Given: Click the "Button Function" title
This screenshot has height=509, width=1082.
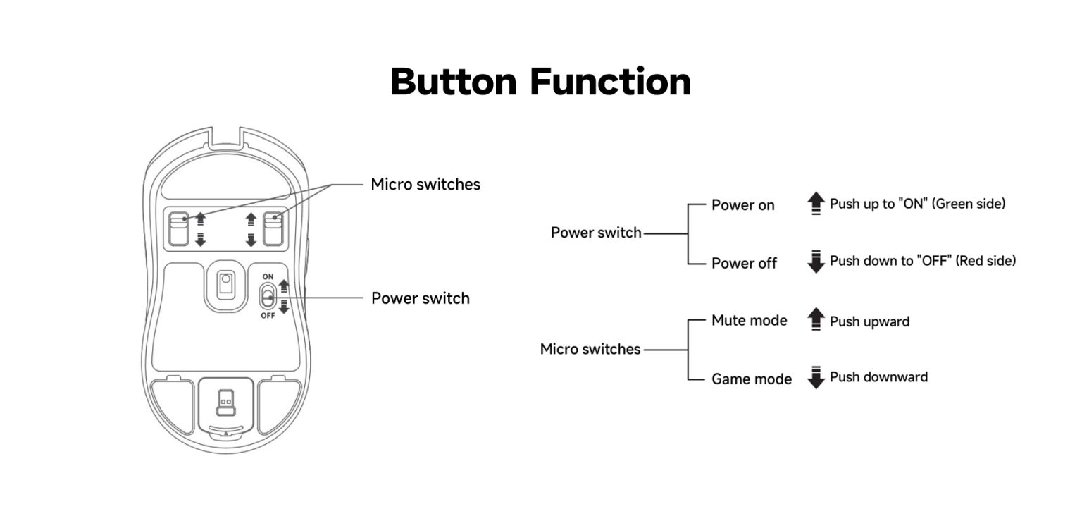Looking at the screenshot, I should pos(540,82).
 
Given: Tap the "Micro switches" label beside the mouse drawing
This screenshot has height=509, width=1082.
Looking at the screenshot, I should pos(425,185).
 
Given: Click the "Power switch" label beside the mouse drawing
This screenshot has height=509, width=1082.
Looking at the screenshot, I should pos(420,298).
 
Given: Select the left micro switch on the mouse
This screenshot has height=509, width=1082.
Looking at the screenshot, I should pos(179,230).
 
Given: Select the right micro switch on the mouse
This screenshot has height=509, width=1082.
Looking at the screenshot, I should pos(272,230).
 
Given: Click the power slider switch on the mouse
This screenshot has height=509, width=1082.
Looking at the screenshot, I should pos(268,296).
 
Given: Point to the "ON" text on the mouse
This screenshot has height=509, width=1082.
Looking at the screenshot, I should pos(268,276).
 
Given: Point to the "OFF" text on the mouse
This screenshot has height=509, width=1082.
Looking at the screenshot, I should pos(268,316).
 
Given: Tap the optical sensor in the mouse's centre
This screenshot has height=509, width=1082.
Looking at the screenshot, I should pos(225,283).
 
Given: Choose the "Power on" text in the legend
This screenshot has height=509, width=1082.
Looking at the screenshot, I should pos(742,205).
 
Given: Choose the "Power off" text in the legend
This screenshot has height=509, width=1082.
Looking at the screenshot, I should pos(744,263).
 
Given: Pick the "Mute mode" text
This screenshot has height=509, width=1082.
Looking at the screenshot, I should pos(749,321).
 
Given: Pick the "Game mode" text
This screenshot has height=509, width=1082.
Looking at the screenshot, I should pos(751,379).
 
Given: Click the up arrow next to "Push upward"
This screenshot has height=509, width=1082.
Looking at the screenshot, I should pos(816,319).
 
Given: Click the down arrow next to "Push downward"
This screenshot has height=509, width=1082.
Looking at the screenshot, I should pos(816,378).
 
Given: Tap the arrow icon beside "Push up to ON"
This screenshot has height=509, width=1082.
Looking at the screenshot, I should pos(816,204).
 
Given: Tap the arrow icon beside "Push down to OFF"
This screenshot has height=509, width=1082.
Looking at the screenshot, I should pos(816,262).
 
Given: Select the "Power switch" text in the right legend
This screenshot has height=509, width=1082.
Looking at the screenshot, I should pos(596,233).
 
